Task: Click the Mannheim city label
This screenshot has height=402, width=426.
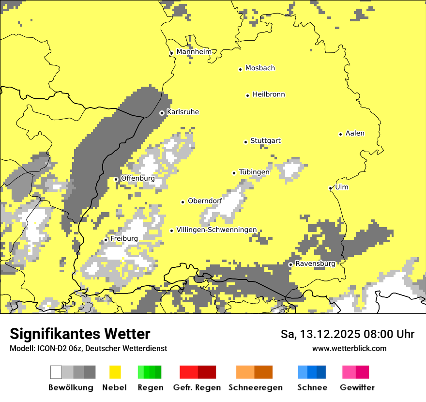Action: [194, 52]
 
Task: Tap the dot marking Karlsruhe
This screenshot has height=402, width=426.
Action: [162, 113]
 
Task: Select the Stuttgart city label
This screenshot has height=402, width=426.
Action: [265, 141]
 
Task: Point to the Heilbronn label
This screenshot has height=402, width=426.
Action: [269, 94]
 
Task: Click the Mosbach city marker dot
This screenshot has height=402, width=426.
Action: [240, 69]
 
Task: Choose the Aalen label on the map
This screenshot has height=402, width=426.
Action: [355, 133]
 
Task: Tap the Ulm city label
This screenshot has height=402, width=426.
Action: [342, 187]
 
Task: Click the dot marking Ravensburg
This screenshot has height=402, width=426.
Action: [290, 264]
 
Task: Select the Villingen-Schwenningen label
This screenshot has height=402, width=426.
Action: [216, 230]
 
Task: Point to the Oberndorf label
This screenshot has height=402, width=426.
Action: [205, 201]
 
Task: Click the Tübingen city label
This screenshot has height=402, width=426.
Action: [254, 172]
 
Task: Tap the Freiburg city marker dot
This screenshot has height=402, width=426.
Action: [106, 240]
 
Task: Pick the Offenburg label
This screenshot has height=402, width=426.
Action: [138, 178]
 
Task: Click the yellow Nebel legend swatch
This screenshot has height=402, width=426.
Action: [115, 372]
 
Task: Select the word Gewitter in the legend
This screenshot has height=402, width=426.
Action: [357, 387]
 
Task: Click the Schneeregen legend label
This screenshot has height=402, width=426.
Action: [255, 387]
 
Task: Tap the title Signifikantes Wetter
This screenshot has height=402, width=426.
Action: [80, 334]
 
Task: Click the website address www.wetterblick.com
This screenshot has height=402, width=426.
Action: [349, 348]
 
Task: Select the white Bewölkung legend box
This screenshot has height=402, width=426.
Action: [56, 372]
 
